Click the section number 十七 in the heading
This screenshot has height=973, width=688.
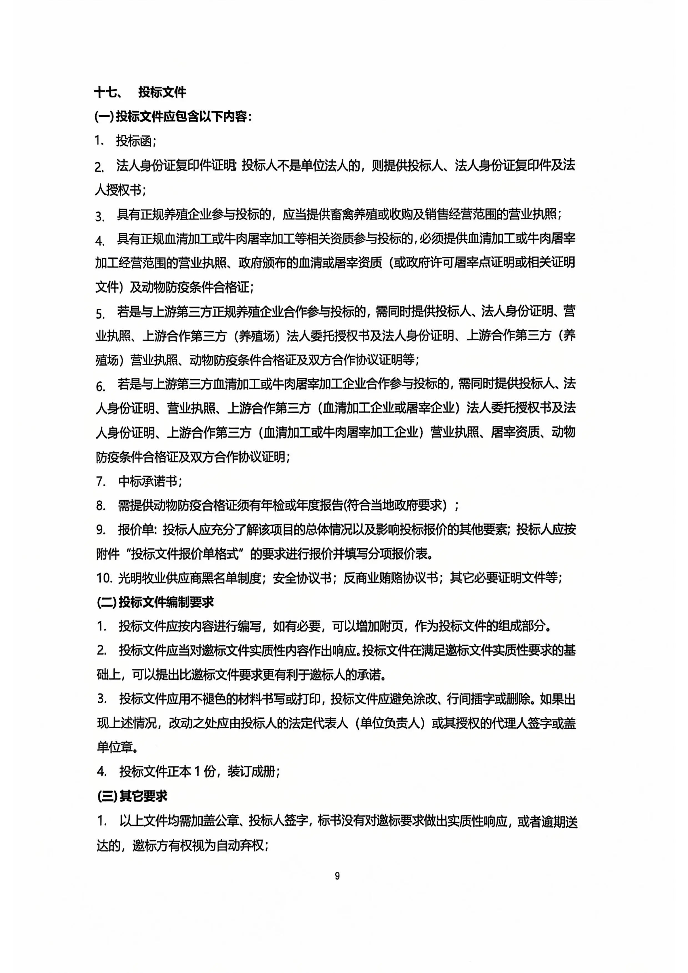click(x=105, y=92)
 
